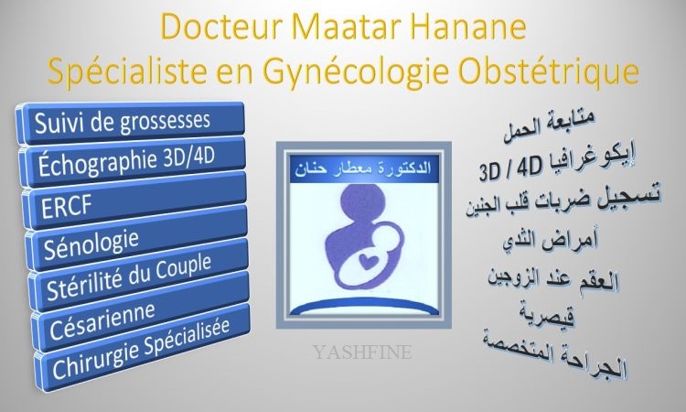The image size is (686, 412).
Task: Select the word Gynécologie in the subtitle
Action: [356, 71]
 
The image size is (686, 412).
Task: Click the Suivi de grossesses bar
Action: [130, 122]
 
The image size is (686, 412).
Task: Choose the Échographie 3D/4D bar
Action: [132, 161]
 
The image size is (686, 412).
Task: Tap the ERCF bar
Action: [134, 200]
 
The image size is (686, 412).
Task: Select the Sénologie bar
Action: [136, 237]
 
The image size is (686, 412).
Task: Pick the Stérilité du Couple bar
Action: [139, 274]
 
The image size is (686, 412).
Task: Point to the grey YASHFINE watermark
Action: [362, 352]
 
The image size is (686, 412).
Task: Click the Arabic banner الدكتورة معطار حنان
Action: [363, 168]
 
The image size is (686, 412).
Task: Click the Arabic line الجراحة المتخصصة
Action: [555, 355]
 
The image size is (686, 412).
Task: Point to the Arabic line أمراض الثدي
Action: [550, 240]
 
